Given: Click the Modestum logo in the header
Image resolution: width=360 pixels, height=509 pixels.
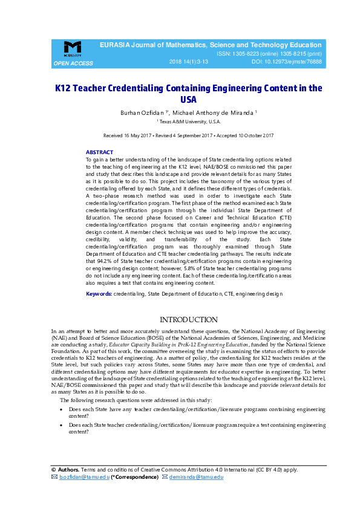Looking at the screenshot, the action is tap(73, 48).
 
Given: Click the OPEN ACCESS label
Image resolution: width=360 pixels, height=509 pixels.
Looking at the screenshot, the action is tap(73, 63).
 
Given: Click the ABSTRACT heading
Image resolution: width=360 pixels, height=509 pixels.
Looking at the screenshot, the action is tap(99, 152).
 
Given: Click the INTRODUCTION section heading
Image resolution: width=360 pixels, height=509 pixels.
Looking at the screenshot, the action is tap(188, 319).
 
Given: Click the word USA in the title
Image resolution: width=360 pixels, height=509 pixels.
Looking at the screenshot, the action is tap(188, 100).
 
